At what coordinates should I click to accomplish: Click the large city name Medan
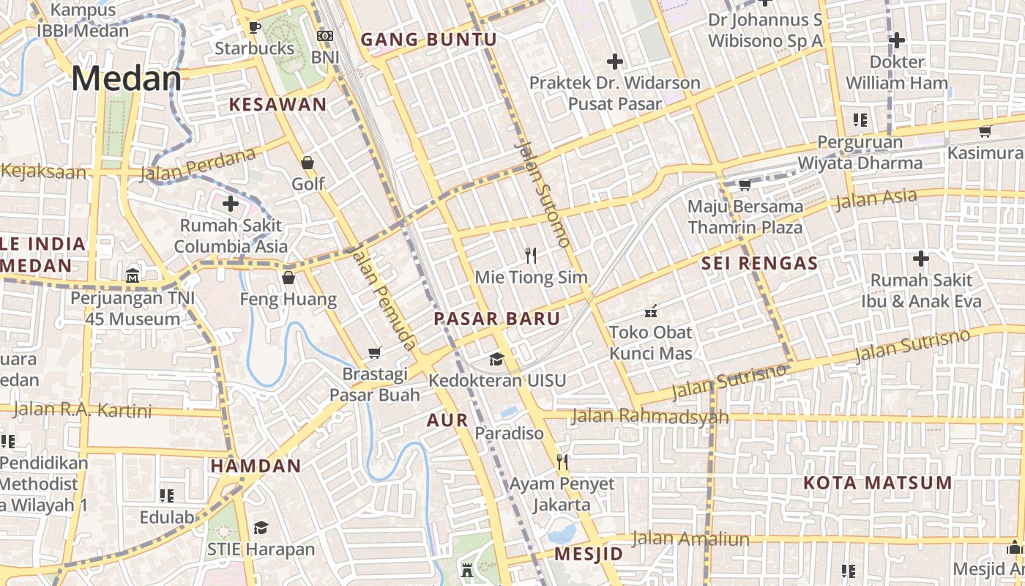126,78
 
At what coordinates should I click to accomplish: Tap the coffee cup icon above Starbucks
254,28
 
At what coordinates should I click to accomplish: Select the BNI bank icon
325,36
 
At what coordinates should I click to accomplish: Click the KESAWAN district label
277,104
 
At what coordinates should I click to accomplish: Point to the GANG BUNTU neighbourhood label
428,40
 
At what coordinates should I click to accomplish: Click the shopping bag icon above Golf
307,163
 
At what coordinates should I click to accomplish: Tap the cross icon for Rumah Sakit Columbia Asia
231,204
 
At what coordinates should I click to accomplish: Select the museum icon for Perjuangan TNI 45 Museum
133,276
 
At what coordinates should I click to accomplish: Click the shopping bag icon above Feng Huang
288,278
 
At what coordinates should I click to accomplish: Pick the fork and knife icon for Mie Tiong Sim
532,256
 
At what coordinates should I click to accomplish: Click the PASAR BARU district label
496,319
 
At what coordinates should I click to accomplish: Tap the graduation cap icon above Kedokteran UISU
497,359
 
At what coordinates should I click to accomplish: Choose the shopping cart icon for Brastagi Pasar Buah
375,353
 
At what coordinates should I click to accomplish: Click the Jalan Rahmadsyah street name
649,416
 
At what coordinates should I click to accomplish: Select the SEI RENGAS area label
759,264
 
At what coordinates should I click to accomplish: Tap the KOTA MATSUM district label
877,483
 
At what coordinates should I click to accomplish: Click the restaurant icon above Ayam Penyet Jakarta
562,462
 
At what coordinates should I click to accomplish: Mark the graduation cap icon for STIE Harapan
261,528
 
